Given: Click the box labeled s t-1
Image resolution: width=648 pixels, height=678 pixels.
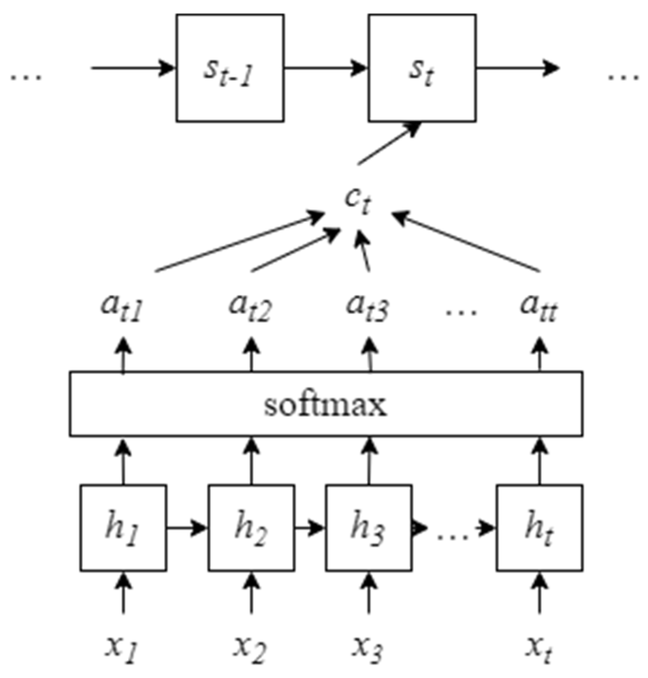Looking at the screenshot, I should [230, 68].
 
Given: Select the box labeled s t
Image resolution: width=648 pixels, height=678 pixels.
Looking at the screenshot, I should [422, 68].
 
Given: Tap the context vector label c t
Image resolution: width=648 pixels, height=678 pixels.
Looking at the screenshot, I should [358, 202].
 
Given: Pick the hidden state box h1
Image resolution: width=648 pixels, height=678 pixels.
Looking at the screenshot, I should [123, 527].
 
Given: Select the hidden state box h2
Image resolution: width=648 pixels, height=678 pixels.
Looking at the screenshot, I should [251, 527].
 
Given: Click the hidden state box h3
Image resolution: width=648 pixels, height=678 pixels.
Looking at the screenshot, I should [368, 527].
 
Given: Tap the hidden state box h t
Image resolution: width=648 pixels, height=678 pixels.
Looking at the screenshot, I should [539, 527].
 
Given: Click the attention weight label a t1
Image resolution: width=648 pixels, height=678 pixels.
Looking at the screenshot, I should [122, 307].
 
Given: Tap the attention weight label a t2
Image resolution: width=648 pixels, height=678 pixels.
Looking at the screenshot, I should [250, 307].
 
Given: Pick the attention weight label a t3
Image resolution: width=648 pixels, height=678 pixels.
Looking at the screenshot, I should [367, 307].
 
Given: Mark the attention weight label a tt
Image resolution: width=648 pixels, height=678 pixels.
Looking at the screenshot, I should [539, 307].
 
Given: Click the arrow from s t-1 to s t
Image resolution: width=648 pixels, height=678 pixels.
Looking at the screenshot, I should [326, 68].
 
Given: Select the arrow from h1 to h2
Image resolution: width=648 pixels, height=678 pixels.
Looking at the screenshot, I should [187, 527].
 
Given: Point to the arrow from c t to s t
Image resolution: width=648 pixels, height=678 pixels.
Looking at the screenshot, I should [389, 144].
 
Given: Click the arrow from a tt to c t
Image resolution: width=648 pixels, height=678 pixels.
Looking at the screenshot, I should [467, 242].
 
